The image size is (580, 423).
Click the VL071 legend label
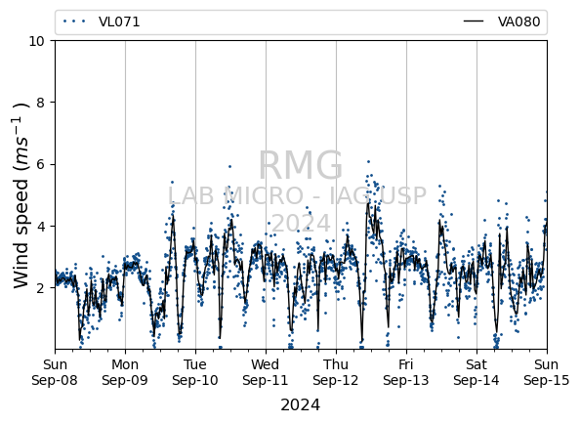[119, 21]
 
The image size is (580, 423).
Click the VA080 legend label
[518, 21]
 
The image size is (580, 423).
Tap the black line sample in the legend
[474, 21]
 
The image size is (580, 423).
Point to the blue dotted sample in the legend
[74, 21]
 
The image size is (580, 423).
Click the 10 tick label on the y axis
[37, 41]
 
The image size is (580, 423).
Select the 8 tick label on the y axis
[40, 103]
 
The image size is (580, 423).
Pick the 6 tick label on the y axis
[40, 164]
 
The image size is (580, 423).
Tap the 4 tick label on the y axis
[40, 226]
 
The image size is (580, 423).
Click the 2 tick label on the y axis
[40, 288]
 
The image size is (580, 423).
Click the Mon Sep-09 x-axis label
[125, 372]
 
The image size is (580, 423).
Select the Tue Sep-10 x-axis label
[195, 372]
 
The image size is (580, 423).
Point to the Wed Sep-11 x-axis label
[266, 372]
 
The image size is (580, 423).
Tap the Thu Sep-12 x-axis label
[336, 372]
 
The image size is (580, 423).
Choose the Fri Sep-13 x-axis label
[406, 372]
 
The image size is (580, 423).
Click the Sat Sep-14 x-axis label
[476, 372]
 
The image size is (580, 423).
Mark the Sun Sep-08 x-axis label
[55, 372]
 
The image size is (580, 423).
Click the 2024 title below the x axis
[301, 404]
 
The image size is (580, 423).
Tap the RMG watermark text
[301, 165]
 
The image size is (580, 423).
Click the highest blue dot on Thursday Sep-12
[368, 162]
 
